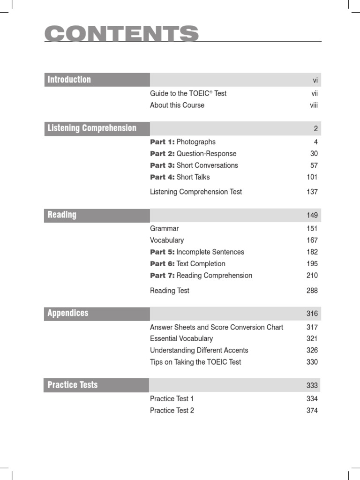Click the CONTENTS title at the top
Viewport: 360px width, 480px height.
pyautogui.click(x=121, y=34)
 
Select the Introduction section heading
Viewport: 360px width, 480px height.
pyautogui.click(x=69, y=80)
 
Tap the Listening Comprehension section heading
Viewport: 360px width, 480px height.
pyautogui.click(x=92, y=128)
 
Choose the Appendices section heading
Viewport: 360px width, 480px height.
pyautogui.click(x=68, y=313)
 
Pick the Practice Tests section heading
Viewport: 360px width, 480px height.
pyautogui.click(x=73, y=385)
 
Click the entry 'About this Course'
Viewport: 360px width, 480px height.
pyautogui.click(x=177, y=105)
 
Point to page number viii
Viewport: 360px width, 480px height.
pyautogui.click(x=314, y=105)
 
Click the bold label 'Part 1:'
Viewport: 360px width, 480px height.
pyautogui.click(x=162, y=142)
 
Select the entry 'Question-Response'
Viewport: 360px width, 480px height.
pyautogui.click(x=206, y=154)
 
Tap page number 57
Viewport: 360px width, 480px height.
pyautogui.click(x=314, y=165)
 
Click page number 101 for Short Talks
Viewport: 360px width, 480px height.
pyautogui.click(x=312, y=177)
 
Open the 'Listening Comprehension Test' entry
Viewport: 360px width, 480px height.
pyautogui.click(x=196, y=192)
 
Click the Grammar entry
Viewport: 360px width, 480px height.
pyautogui.click(x=164, y=229)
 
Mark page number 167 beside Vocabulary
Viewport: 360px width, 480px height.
pyautogui.click(x=312, y=240)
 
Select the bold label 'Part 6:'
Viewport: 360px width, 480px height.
pyautogui.click(x=162, y=264)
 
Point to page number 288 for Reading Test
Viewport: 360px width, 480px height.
pyautogui.click(x=312, y=291)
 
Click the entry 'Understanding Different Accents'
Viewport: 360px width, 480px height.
pyautogui.click(x=199, y=351)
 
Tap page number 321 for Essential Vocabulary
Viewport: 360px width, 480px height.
pyautogui.click(x=312, y=339)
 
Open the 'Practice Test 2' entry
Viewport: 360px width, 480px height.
pyautogui.click(x=172, y=411)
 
